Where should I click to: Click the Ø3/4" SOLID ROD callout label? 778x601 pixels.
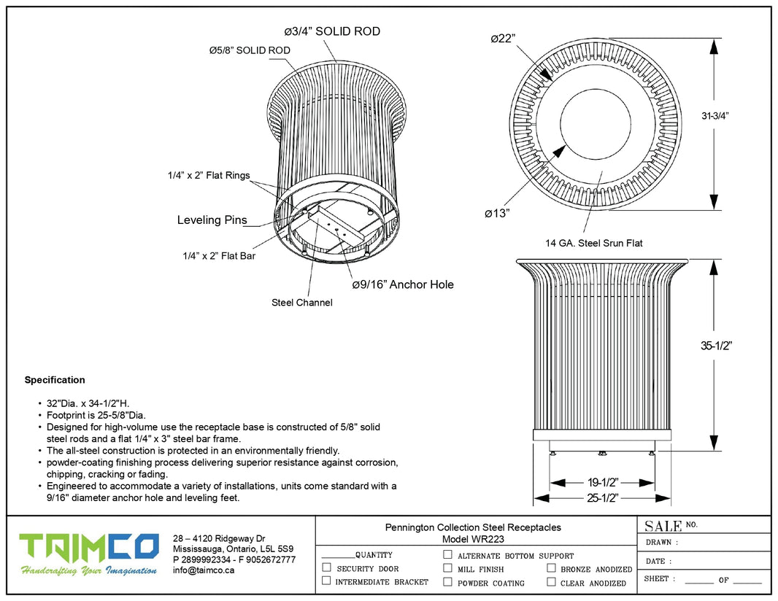pyautogui.click(x=332, y=31)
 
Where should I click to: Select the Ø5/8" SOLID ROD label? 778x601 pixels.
pyautogui.click(x=250, y=50)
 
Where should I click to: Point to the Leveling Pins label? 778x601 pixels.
pyautogui.click(x=212, y=220)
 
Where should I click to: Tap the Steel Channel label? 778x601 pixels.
pyautogui.click(x=301, y=302)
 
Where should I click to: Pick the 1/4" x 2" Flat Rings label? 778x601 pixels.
pyautogui.click(x=208, y=175)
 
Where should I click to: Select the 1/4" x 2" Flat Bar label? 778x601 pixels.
pyautogui.click(x=219, y=256)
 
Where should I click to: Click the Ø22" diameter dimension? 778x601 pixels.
pyautogui.click(x=504, y=38)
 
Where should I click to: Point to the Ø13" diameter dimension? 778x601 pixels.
pyautogui.click(x=496, y=213)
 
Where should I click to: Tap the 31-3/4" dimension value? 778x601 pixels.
pyautogui.click(x=716, y=115)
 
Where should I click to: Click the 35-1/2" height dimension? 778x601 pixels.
pyautogui.click(x=717, y=346)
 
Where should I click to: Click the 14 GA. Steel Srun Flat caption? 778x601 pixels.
pyautogui.click(x=594, y=243)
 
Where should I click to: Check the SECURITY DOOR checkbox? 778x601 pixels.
pyautogui.click(x=326, y=567)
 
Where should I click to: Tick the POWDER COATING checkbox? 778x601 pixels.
pyautogui.click(x=447, y=582)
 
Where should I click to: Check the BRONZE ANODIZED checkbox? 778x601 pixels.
pyautogui.click(x=551, y=567)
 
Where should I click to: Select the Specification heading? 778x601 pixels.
pyautogui.click(x=55, y=380)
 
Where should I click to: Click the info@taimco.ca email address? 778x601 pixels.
pyautogui.click(x=204, y=570)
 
